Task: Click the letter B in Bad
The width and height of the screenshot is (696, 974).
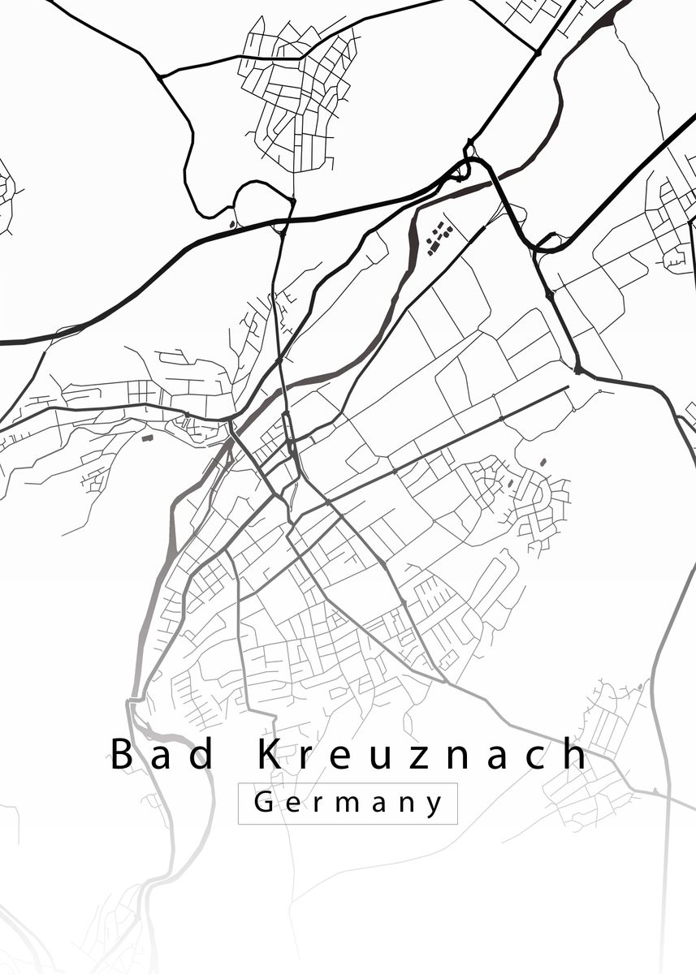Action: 122,754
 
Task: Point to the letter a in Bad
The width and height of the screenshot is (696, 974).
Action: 164,757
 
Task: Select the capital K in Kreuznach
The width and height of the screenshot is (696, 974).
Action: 271,754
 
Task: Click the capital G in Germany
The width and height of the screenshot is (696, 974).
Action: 264,803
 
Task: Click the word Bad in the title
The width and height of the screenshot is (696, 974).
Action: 163,755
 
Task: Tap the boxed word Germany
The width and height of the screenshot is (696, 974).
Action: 348,804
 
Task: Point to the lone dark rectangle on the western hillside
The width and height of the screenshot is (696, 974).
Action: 148,437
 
